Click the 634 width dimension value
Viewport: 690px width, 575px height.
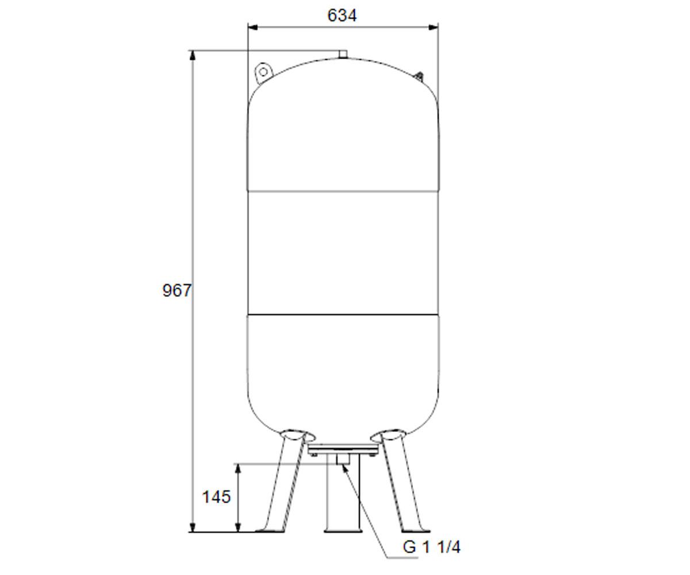[342, 16]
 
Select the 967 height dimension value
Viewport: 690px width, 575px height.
[177, 291]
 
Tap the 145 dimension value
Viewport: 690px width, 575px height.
[216, 497]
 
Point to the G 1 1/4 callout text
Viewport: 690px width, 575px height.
[431, 547]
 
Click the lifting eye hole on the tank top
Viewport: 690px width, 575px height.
[263, 72]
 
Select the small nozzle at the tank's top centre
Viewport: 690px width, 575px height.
[343, 54]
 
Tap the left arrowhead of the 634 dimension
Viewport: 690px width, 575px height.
[253, 28]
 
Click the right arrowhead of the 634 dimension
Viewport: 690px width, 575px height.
[433, 28]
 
